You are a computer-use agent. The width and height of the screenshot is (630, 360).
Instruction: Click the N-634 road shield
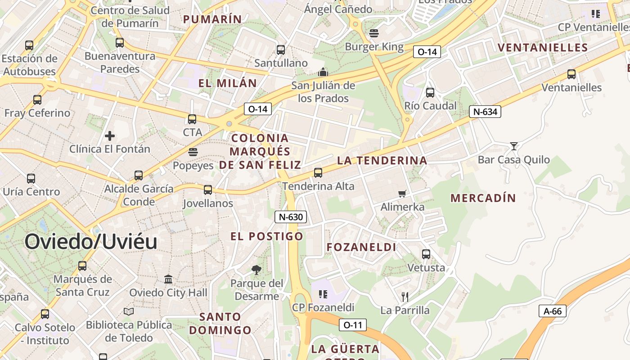(x=485, y=112)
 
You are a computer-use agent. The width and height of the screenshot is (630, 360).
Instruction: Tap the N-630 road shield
(x=291, y=217)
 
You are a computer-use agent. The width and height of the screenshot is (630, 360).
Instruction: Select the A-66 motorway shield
(x=552, y=310)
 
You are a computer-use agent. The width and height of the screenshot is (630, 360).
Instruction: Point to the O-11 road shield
(x=353, y=324)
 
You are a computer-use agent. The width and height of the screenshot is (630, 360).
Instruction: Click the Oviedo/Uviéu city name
(x=91, y=242)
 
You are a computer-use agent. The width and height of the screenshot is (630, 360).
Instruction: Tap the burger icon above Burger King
(x=373, y=33)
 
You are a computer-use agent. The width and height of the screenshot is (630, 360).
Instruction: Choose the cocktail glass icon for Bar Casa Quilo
(x=513, y=146)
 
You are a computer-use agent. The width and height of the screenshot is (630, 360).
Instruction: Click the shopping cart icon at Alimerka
(x=402, y=193)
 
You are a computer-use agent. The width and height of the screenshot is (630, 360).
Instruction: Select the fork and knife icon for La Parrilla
(x=405, y=297)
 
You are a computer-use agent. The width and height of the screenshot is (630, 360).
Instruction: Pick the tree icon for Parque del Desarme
(x=256, y=270)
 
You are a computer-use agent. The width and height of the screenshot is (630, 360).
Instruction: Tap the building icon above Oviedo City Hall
(x=168, y=279)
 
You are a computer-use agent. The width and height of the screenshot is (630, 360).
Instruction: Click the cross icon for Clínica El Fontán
(x=109, y=135)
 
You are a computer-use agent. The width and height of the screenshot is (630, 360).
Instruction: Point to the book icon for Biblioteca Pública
(x=129, y=311)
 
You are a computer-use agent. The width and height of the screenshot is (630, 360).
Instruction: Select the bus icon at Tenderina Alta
(x=318, y=172)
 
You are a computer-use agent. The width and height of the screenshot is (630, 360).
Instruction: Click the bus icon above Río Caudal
(x=430, y=93)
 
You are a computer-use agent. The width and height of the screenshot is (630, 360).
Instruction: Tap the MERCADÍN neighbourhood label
(x=483, y=198)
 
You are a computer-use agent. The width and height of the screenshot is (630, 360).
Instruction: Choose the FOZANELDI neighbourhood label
(x=361, y=247)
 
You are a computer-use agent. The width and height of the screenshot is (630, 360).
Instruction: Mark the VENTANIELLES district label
(x=543, y=48)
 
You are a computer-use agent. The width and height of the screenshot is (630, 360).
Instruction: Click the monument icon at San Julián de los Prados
(x=323, y=72)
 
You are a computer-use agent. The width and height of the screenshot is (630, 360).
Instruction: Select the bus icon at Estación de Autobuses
(x=29, y=45)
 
